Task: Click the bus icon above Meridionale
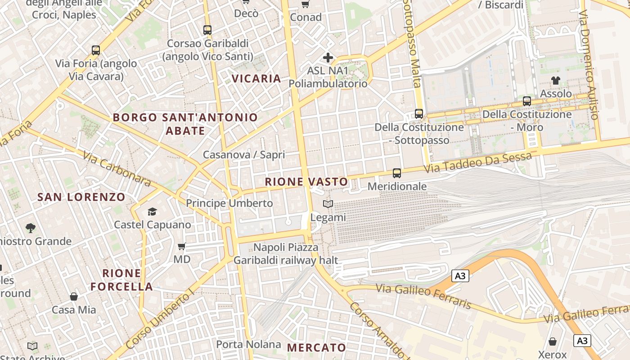(397, 173)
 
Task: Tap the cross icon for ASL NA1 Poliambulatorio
(328, 58)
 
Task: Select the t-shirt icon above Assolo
(556, 81)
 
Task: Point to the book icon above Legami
(328, 204)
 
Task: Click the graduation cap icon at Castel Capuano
(152, 211)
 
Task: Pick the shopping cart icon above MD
(182, 246)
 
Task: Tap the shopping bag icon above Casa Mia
(74, 297)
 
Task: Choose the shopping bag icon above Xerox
(553, 342)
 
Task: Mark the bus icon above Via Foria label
(96, 50)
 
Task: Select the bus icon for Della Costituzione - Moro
(527, 101)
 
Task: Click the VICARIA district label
(256, 78)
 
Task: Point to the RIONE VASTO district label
(306, 182)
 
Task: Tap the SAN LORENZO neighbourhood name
(81, 197)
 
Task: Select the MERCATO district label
(316, 347)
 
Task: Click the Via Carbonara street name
(116, 168)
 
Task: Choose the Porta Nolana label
(248, 345)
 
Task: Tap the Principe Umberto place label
(229, 203)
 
